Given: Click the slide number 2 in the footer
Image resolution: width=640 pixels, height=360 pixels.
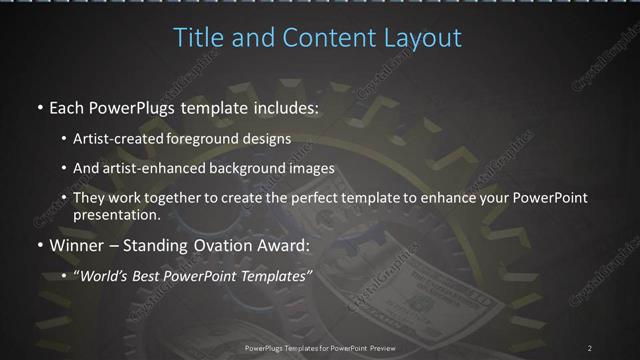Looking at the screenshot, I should coord(590,347).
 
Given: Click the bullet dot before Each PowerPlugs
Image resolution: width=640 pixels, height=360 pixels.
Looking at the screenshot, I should coord(39,107).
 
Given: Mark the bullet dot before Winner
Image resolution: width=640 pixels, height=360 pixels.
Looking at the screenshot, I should coord(39,243).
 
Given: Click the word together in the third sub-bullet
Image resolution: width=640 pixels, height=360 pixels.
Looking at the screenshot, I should coord(171,198).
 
